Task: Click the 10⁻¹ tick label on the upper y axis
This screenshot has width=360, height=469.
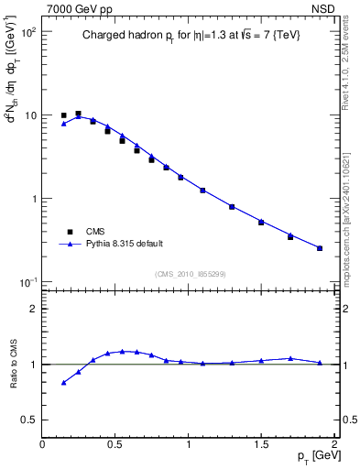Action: point(27,281)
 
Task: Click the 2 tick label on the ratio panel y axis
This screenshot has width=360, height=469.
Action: point(32,309)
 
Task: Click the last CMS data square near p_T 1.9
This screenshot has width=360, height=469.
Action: point(320,248)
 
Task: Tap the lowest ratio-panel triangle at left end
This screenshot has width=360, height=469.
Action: point(63,383)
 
